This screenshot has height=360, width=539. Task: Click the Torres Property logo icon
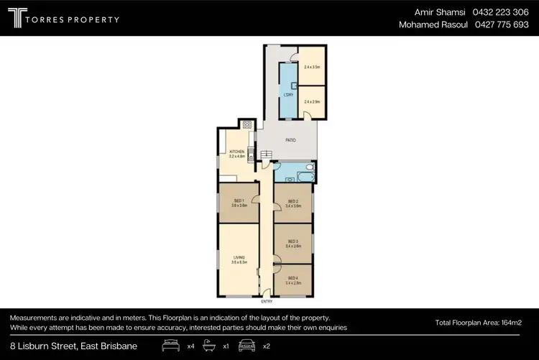[x=17, y=19]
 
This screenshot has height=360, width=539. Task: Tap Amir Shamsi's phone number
[x=501, y=12]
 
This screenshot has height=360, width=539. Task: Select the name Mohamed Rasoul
[x=433, y=25]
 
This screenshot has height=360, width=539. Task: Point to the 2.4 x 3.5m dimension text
[x=311, y=67]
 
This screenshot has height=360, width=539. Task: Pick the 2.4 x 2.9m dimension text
[x=311, y=102]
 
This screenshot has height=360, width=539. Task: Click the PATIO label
[x=291, y=141]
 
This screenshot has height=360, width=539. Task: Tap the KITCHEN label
[x=236, y=152]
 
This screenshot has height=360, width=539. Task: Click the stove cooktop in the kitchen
[x=247, y=124]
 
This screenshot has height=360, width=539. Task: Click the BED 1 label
[x=239, y=201]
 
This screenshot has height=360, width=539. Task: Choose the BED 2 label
[x=292, y=202]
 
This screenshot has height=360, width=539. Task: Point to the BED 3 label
[x=292, y=242]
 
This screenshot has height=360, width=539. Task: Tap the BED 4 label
[x=292, y=279]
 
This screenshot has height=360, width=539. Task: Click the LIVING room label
[x=239, y=257]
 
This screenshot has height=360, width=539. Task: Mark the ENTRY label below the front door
[x=267, y=302]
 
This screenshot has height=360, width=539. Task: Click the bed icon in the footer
[x=171, y=346]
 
